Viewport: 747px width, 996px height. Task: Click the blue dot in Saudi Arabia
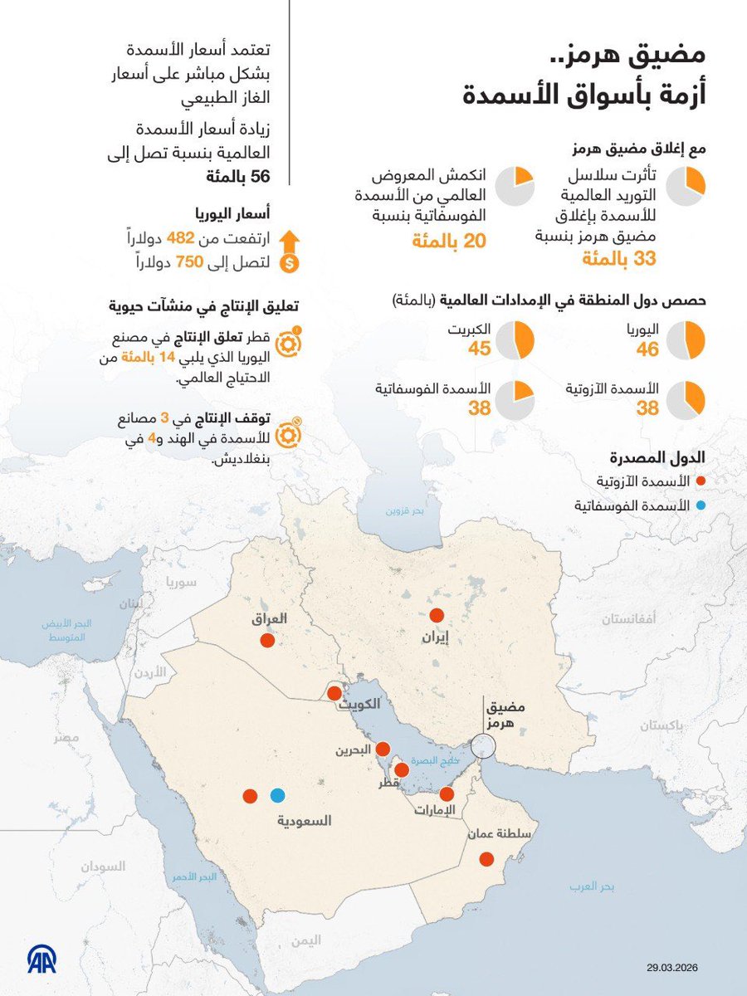tap(277, 795)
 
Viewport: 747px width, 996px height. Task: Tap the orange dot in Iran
tap(437, 616)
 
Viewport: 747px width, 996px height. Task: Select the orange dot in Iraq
tap(267, 641)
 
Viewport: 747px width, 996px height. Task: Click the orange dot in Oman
tap(487, 859)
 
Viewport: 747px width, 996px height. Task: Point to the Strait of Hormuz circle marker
tap(481, 746)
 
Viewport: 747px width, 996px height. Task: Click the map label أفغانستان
tap(627, 619)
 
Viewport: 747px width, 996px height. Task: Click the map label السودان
tap(103, 866)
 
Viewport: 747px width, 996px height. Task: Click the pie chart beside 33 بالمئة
tap(686, 185)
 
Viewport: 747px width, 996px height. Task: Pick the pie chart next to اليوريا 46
tap(686, 340)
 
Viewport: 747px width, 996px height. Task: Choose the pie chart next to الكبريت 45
tap(515, 340)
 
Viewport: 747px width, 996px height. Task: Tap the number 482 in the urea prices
tap(180, 239)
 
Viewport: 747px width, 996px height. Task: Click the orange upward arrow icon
tap(290, 241)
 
